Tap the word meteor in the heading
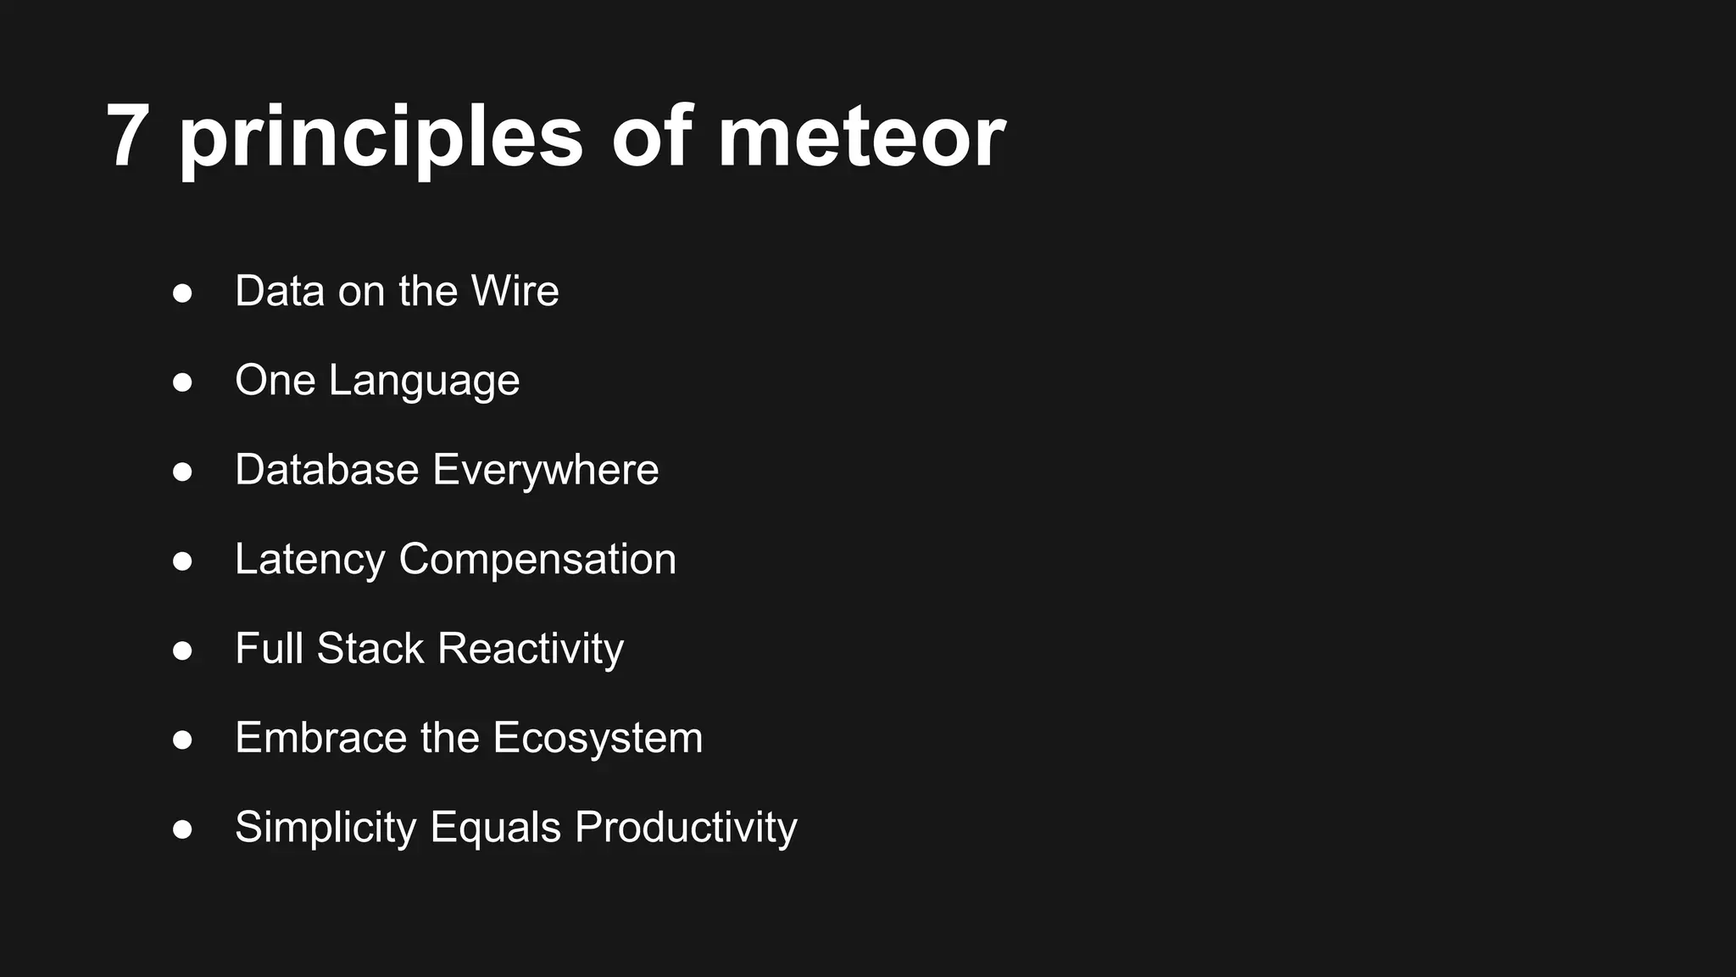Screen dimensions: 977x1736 (x=861, y=136)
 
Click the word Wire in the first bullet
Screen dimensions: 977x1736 (x=515, y=291)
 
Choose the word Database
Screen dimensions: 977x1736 (x=327, y=470)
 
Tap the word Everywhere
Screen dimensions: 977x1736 (x=546, y=470)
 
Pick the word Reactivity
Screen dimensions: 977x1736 (x=531, y=650)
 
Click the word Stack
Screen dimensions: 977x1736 (x=370, y=649)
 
